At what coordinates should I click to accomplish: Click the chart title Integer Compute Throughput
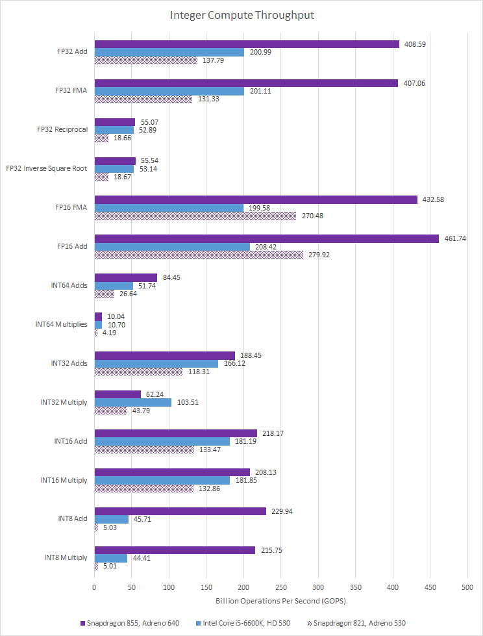pos(241,14)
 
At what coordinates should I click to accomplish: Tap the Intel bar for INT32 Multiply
pos(132,403)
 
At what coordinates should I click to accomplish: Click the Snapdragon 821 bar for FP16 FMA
pos(195,216)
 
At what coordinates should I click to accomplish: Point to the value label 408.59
pos(414,44)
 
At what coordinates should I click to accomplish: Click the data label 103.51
pos(187,403)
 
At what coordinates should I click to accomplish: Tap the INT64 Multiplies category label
pos(61,324)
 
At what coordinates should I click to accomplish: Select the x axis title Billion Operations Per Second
pos(280,602)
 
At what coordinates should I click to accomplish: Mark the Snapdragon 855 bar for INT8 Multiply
pos(175,550)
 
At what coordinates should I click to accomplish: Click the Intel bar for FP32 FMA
pos(169,91)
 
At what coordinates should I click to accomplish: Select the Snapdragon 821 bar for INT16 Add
pos(143,450)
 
